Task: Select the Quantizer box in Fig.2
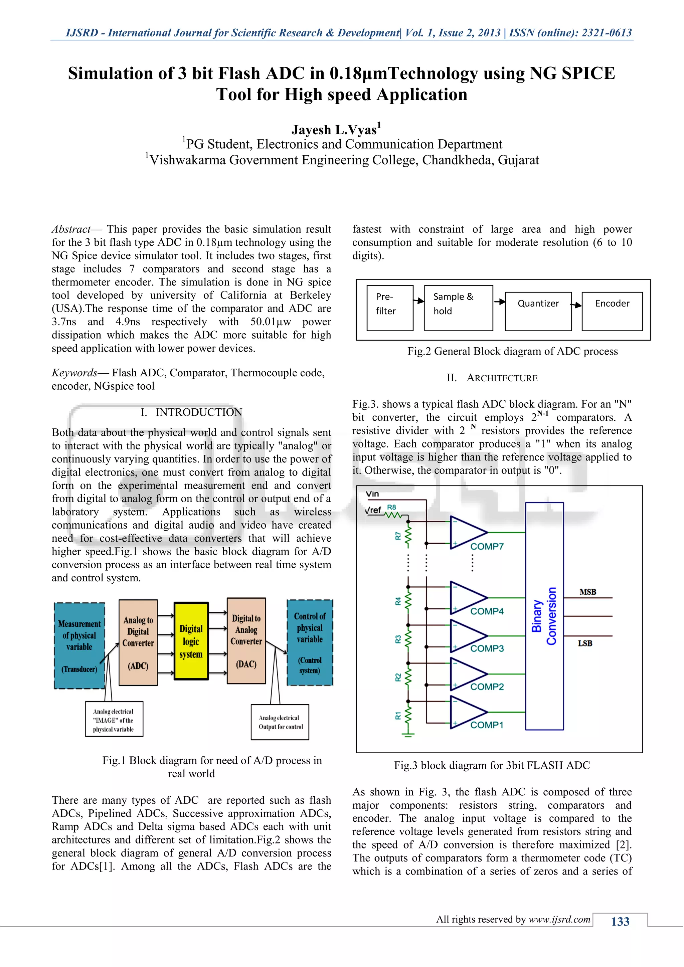(x=538, y=311)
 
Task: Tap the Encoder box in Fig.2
(x=612, y=311)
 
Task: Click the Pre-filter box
(x=390, y=308)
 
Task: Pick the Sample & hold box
(x=458, y=308)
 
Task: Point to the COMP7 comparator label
(x=487, y=546)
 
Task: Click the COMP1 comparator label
(x=487, y=725)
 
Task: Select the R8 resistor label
(x=391, y=507)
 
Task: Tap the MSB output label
(x=587, y=592)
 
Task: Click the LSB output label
(x=585, y=643)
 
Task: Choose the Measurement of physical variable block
(x=79, y=645)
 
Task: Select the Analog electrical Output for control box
(x=280, y=722)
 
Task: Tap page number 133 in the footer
(x=620, y=922)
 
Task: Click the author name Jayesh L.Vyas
(x=336, y=129)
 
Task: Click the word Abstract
(x=71, y=229)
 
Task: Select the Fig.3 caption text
(x=492, y=765)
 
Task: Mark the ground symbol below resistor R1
(x=407, y=735)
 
